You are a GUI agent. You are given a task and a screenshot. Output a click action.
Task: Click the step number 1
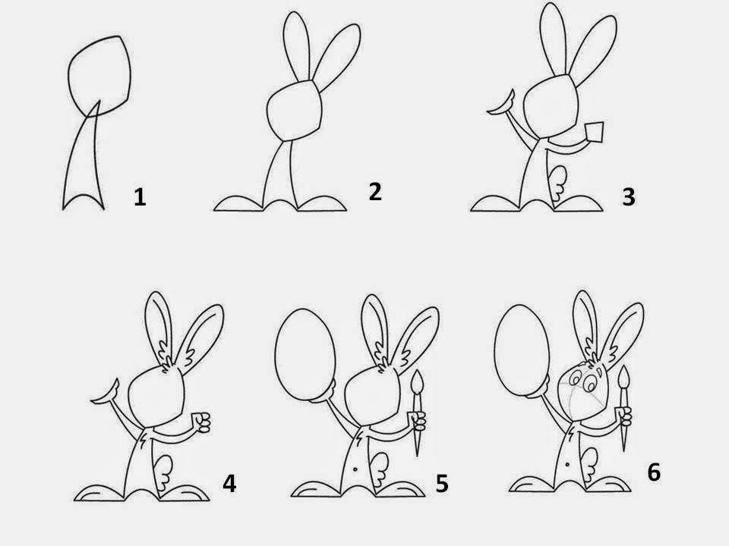point(140,197)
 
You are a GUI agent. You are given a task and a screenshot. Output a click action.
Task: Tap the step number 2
point(375,192)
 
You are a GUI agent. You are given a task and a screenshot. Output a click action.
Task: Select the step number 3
point(629,197)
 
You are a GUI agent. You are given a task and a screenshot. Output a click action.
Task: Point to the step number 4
point(229,483)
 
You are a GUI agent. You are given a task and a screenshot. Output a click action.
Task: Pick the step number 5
point(442,483)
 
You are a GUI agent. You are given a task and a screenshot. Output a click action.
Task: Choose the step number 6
point(654,472)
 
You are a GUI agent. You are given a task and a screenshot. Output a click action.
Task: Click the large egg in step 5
point(305,354)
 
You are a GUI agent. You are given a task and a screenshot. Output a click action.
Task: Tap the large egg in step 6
point(522,350)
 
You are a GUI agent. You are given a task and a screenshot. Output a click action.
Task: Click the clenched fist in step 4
point(202,422)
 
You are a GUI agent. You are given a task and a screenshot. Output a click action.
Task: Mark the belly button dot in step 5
point(355,469)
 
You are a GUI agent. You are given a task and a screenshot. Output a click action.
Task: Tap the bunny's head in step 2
point(295,109)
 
